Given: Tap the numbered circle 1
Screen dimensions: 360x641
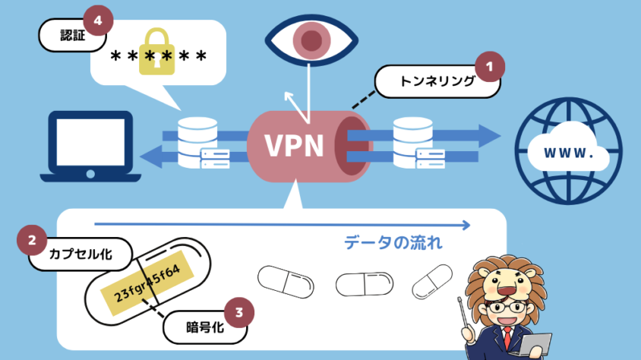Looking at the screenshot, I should point(490,67).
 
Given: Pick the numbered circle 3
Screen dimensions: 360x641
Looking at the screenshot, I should point(239,311).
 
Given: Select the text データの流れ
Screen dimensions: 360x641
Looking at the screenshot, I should point(393,244).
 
